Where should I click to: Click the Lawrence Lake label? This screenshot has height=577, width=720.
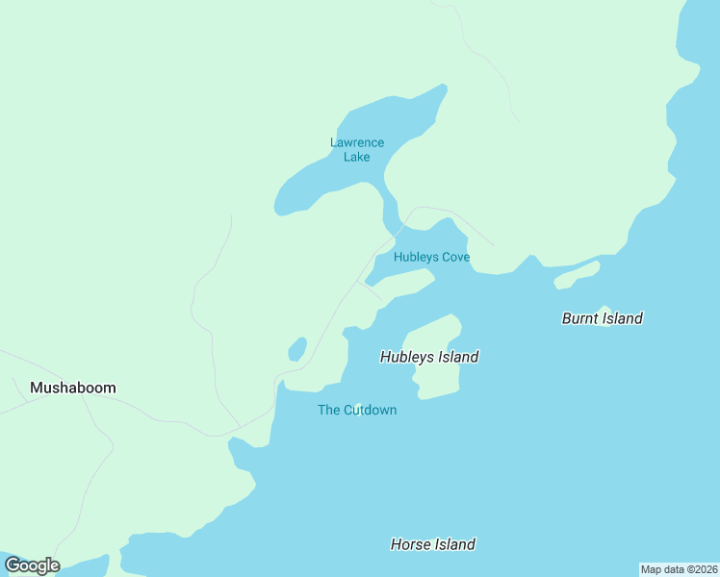click(x=356, y=149)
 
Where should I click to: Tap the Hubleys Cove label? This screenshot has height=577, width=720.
click(x=431, y=257)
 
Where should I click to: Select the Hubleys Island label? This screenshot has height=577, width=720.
click(x=429, y=357)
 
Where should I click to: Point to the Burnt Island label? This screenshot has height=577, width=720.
click(x=602, y=318)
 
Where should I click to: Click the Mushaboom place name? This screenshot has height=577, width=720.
click(x=73, y=389)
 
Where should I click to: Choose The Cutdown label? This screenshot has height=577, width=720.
click(x=357, y=411)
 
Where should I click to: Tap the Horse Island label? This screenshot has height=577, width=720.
click(x=432, y=544)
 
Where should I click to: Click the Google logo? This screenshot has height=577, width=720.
click(x=32, y=565)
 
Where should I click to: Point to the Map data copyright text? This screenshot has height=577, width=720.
click(x=679, y=569)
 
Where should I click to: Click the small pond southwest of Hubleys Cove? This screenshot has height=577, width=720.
click(x=297, y=348)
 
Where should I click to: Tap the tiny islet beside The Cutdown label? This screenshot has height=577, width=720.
click(x=358, y=405)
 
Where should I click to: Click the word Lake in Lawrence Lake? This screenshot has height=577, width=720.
click(x=356, y=157)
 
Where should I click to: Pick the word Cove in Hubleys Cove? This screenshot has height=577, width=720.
click(x=455, y=257)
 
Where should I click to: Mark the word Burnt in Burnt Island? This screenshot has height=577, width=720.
click(x=580, y=318)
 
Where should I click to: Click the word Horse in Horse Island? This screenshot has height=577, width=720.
click(x=411, y=544)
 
